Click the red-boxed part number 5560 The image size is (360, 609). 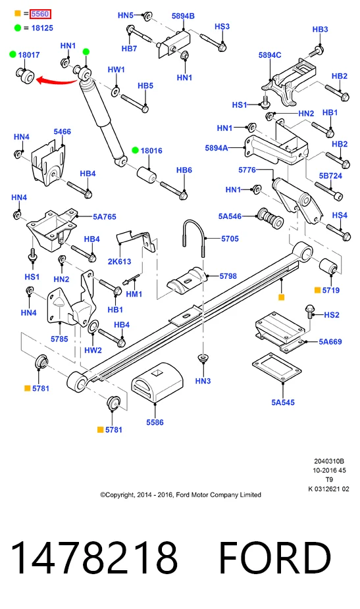[x=40, y=14]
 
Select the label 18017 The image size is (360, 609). [x=29, y=55]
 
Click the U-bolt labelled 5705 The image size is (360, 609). [x=193, y=237]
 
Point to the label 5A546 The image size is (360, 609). [x=230, y=216]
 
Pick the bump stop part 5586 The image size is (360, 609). [x=157, y=383]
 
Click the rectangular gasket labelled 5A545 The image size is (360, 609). [x=277, y=368]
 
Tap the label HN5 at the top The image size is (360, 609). [x=126, y=15]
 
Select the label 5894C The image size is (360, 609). [x=270, y=55]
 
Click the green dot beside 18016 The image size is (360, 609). [x=135, y=151]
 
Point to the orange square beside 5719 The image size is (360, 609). [x=317, y=290]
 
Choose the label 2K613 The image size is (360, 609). [x=119, y=261]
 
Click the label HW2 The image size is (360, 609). [x=93, y=350]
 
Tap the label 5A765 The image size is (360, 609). [x=104, y=217]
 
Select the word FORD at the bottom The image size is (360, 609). [x=275, y=558]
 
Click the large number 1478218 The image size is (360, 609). [x=94, y=558]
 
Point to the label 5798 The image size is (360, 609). [x=228, y=276]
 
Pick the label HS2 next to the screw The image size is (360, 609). [x=332, y=314]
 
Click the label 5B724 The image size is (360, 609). [x=330, y=176]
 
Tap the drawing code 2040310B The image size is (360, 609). [x=329, y=462]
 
